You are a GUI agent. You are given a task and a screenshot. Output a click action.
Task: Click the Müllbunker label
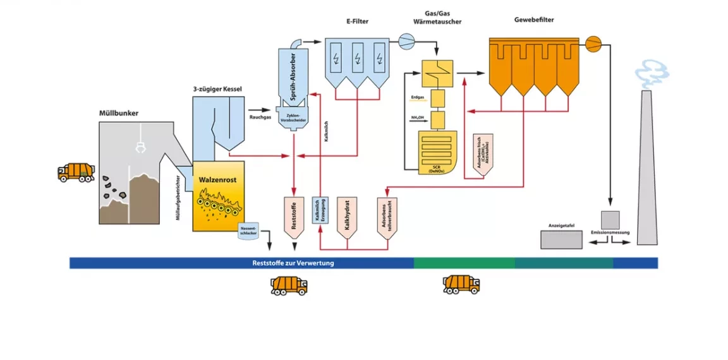coord(119,114)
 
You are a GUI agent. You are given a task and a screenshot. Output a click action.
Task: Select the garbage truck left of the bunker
coord(76,172)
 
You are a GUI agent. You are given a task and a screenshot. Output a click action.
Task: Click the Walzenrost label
coord(217,180)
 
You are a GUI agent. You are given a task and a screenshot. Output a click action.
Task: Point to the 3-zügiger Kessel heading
coord(217,89)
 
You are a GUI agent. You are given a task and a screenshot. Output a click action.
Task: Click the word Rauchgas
coord(260,117)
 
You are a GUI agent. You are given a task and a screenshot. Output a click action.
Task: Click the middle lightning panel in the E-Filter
coord(358,57)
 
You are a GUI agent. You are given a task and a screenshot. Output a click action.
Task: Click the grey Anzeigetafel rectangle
coord(562,239)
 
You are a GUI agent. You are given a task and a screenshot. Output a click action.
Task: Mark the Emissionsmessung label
coord(610,234)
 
